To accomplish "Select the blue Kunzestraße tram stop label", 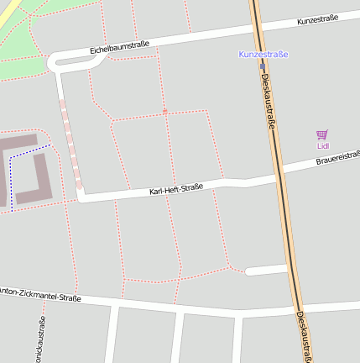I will (263, 54).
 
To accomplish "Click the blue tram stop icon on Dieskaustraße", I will (262, 64).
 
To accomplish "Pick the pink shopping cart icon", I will (322, 134).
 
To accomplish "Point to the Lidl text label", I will (323, 145).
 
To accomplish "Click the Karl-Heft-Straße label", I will (176, 189).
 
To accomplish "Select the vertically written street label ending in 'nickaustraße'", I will (42, 340).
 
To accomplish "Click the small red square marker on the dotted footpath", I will (164, 110).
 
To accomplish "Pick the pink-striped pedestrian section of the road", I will (70, 143).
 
